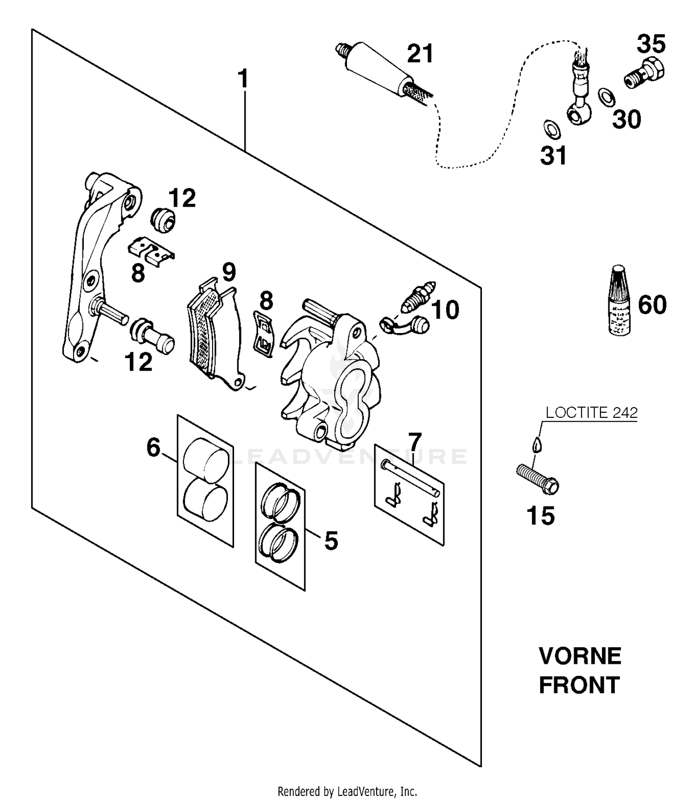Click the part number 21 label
(420, 53)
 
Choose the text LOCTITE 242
(591, 412)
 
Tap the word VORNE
(580, 656)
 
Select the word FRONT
(579, 685)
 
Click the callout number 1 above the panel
(243, 79)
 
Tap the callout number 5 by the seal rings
(331, 541)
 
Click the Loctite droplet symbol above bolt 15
(537, 445)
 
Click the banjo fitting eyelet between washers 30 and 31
(578, 112)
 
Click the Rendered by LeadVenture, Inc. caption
(347, 791)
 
